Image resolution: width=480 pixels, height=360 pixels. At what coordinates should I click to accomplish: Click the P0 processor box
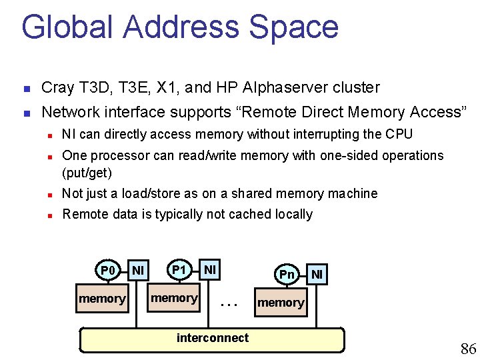(x=108, y=271)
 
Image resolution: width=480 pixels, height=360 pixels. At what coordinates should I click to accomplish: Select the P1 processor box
(x=179, y=270)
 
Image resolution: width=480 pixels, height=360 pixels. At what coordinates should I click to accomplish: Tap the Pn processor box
(x=287, y=274)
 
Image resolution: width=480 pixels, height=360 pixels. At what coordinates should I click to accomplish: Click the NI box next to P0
(x=138, y=270)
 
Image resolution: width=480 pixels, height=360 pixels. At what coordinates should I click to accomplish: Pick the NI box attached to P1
(x=209, y=270)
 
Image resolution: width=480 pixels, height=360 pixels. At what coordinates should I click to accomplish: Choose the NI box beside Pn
(x=317, y=273)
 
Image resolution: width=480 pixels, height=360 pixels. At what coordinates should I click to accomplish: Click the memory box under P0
(x=102, y=299)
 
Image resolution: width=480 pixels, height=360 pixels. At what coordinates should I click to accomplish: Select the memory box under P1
(x=174, y=298)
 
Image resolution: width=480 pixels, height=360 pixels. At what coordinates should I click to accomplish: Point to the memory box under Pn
(x=281, y=303)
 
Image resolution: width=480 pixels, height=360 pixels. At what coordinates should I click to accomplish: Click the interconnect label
(x=212, y=338)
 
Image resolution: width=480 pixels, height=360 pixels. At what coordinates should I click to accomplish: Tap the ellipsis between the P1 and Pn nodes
(x=229, y=303)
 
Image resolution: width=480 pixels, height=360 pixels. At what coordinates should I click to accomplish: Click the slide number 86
(x=468, y=348)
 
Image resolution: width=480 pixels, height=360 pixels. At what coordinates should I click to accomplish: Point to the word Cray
(x=57, y=87)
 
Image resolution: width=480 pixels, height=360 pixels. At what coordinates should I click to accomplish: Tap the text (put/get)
(x=87, y=173)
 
